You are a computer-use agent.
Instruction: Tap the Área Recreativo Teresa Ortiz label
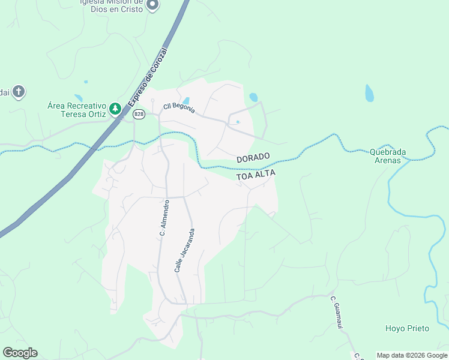77,109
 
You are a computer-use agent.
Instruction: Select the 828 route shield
139,114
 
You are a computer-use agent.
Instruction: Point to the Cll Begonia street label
178,107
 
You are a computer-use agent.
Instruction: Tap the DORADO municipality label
253,158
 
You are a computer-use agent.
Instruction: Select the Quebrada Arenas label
388,156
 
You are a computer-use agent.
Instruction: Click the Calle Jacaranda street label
185,250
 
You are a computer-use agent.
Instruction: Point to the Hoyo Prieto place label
407,328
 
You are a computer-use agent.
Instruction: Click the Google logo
20,353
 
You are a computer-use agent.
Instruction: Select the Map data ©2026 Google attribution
412,355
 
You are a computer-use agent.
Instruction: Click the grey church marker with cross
19,92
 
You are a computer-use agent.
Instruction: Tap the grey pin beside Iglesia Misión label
152,5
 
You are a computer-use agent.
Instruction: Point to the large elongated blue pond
369,94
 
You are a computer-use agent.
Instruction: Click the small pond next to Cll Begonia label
186,101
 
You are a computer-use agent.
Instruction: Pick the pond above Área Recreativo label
78,98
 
